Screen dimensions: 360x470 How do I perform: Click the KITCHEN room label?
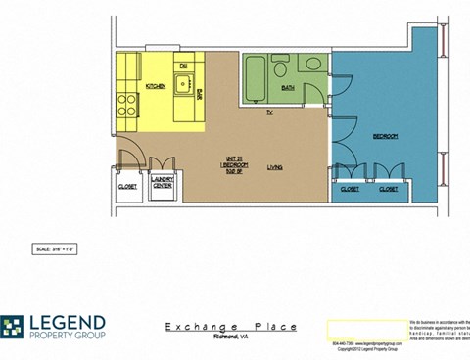pyautogui.click(x=155, y=88)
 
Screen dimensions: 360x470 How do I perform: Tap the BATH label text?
pyautogui.click(x=287, y=88)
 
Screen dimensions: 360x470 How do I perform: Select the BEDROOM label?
pyautogui.click(x=385, y=136)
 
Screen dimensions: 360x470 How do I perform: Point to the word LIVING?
pyautogui.click(x=275, y=168)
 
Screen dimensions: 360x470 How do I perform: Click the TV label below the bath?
pyautogui.click(x=269, y=112)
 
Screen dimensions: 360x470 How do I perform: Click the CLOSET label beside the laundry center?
pyautogui.click(x=127, y=186)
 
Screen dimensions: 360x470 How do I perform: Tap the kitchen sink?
pyautogui.click(x=182, y=82)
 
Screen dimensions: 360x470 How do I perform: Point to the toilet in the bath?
pyautogui.click(x=280, y=68)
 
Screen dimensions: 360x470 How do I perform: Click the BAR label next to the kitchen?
pyautogui.click(x=200, y=93)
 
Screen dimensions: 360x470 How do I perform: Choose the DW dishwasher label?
pyautogui.click(x=183, y=66)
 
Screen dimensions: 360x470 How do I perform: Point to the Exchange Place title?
pyautogui.click(x=231, y=327)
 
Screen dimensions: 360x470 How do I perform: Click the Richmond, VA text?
pyautogui.click(x=232, y=338)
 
